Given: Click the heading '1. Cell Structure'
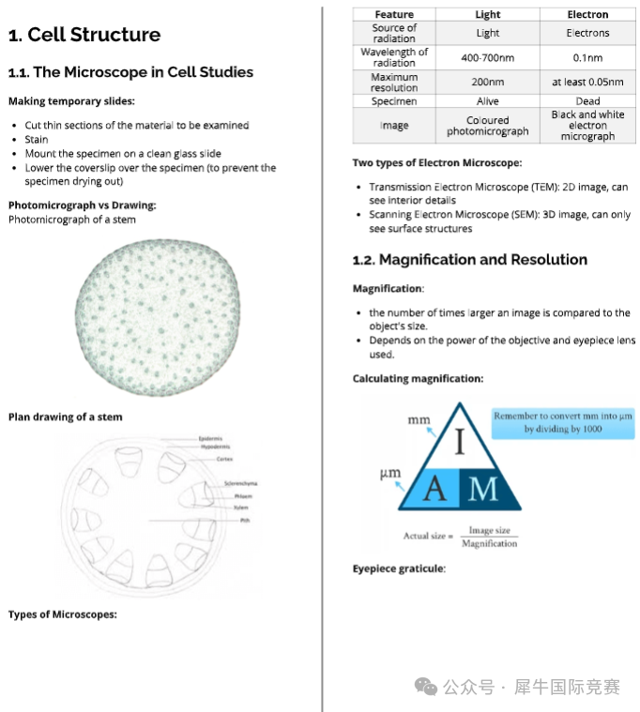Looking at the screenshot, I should [x=84, y=36].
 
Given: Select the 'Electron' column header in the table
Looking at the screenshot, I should [x=587, y=14].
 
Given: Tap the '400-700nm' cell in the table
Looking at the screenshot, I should [x=487, y=57].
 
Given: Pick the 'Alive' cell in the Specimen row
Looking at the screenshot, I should [x=487, y=100].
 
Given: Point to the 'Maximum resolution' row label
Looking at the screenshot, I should [x=394, y=83].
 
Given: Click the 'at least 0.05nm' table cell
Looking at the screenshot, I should [x=587, y=83].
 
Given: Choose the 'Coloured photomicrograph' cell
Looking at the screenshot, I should [x=487, y=126].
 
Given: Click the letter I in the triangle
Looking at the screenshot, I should [x=460, y=442].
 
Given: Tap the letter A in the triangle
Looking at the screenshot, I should [x=434, y=489].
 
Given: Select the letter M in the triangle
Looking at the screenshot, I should [x=483, y=489].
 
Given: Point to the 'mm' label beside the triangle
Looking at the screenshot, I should [x=419, y=421].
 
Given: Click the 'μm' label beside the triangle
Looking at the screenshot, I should [x=390, y=474].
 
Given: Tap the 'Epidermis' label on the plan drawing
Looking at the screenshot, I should [x=210, y=438].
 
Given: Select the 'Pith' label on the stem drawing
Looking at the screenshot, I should [x=244, y=520].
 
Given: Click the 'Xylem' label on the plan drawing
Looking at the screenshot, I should [x=241, y=507].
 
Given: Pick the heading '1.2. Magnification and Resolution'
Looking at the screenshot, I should [x=469, y=260].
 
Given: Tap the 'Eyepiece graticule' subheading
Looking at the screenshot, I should [x=399, y=568].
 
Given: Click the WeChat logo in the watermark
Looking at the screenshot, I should [x=426, y=688].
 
